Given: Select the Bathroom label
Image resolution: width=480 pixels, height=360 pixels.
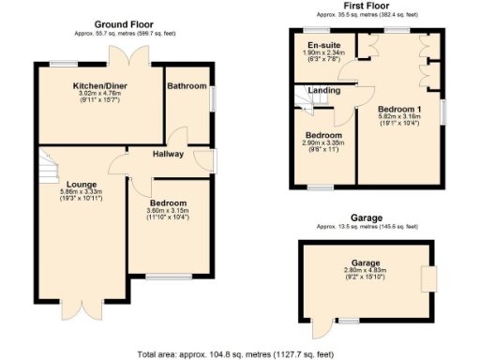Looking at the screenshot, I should click(x=187, y=86).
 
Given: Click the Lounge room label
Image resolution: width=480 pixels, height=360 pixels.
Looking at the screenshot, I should click(x=80, y=184).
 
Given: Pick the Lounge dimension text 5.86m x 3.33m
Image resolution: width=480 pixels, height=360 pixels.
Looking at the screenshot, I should click(x=80, y=192).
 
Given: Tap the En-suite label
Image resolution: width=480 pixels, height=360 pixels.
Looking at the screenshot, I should click(x=324, y=44).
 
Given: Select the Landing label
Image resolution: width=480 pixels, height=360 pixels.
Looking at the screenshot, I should click(x=324, y=90).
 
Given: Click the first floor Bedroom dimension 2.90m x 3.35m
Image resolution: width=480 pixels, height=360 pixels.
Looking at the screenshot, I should click(x=324, y=143).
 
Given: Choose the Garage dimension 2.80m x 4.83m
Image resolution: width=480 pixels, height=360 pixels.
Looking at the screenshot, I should click(x=366, y=270).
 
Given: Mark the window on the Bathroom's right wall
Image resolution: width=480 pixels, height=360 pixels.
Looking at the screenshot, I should click(x=213, y=97).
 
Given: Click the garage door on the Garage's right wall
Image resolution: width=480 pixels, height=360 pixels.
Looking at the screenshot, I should click(x=430, y=278).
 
